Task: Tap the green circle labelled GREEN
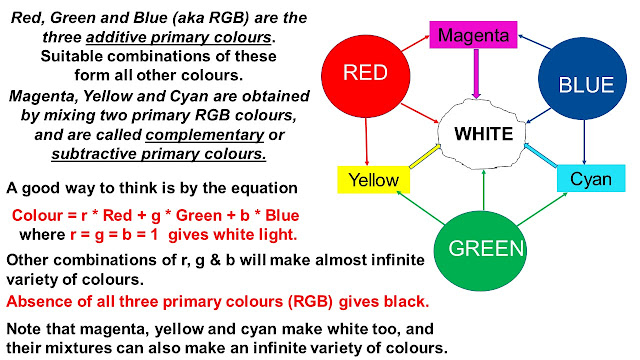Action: tap(486, 246)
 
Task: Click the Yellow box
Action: tap(373, 180)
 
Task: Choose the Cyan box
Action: tap(591, 178)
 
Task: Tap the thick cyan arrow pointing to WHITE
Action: tap(541, 157)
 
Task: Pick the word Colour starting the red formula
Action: tap(41, 215)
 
